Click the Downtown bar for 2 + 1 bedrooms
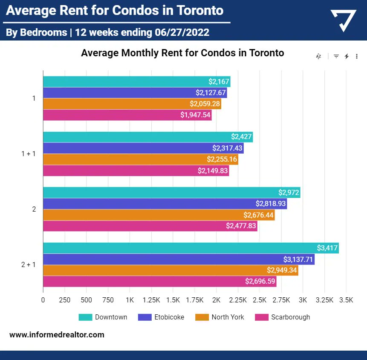tap(191, 248)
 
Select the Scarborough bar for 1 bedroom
tap(127, 115)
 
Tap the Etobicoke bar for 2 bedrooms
tap(165, 204)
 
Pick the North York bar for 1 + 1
tap(140, 160)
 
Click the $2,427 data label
tap(242, 137)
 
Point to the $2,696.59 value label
tap(260, 282)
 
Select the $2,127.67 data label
tap(211, 93)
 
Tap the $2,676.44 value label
tap(258, 215)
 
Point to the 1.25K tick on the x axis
tap(151, 300)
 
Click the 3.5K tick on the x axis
tap(346, 300)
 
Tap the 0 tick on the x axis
tap(43, 300)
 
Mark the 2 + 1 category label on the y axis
tap(29, 264)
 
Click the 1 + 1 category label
tap(29, 154)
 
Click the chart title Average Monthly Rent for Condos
tap(182, 53)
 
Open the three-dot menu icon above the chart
tap(357, 56)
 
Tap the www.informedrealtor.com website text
tap(57, 335)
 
